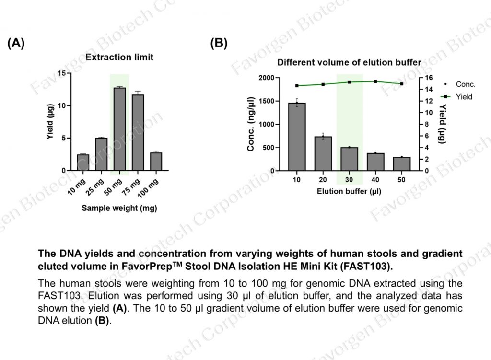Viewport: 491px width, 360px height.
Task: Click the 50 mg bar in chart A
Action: pyautogui.click(x=119, y=129)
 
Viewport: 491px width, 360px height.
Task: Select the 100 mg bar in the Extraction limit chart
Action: pyautogui.click(x=156, y=162)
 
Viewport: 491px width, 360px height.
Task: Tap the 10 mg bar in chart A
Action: pyautogui.click(x=83, y=163)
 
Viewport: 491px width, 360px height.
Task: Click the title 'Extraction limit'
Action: pyautogui.click(x=119, y=58)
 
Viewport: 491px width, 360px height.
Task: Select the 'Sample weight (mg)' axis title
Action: pyautogui.click(x=119, y=208)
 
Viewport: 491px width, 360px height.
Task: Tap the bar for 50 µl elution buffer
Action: pyautogui.click(x=402, y=164)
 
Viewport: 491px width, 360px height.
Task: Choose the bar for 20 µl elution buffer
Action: pyautogui.click(x=323, y=153)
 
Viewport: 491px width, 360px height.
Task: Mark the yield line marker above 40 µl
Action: pyautogui.click(x=375, y=81)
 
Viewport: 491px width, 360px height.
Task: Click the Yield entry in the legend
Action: pyautogui.click(x=463, y=97)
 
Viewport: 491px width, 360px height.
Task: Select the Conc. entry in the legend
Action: pyautogui.click(x=465, y=84)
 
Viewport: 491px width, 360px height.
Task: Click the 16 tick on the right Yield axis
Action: pyautogui.click(x=429, y=78)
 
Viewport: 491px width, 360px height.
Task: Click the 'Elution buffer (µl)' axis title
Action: pyautogui.click(x=349, y=191)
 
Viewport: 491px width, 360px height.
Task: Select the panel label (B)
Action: pyautogui.click(x=219, y=44)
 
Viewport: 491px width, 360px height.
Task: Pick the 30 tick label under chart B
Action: pyautogui.click(x=349, y=180)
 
